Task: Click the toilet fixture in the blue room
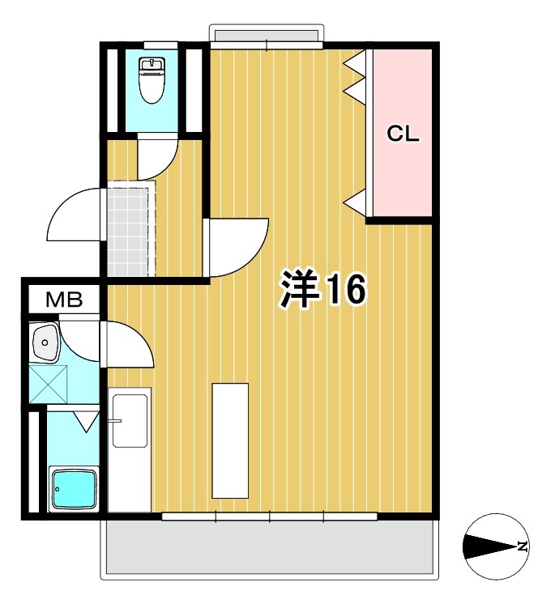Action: tap(152, 79)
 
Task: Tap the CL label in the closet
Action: tap(402, 134)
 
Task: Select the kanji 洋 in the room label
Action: tap(300, 289)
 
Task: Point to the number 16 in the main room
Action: tap(346, 289)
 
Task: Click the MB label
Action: tap(63, 300)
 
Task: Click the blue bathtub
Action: tap(72, 488)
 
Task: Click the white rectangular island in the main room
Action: tap(230, 440)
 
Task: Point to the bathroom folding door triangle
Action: tap(85, 420)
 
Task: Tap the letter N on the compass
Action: tap(523, 546)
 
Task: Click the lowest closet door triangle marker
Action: tap(356, 202)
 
